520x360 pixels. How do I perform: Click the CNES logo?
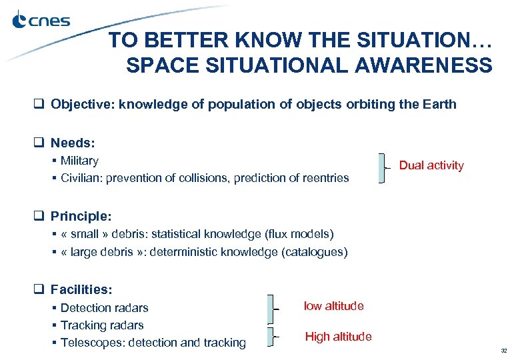point(41,21)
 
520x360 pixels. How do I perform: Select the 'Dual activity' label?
point(431,165)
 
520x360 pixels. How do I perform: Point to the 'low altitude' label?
point(333,306)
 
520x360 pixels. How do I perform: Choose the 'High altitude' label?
point(338,337)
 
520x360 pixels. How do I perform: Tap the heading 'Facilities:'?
point(81,290)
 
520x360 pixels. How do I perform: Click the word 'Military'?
point(79,161)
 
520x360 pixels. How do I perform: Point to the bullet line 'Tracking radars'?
point(102,325)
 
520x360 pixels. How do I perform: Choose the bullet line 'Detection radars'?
point(104,308)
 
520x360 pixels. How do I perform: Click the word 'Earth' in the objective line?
point(441,104)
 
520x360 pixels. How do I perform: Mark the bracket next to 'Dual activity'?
point(381,168)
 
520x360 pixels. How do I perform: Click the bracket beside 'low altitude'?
point(271,308)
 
